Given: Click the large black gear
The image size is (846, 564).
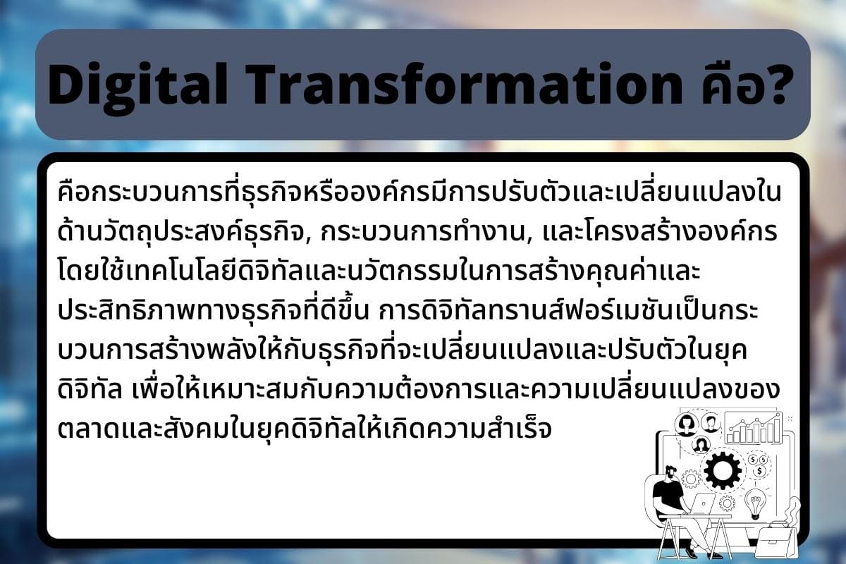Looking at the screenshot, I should (723, 470).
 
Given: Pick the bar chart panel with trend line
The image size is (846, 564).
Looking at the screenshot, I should (753, 427).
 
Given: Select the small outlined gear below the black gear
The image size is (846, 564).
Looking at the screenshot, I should (727, 503).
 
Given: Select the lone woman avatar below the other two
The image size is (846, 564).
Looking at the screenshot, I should (700, 445).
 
